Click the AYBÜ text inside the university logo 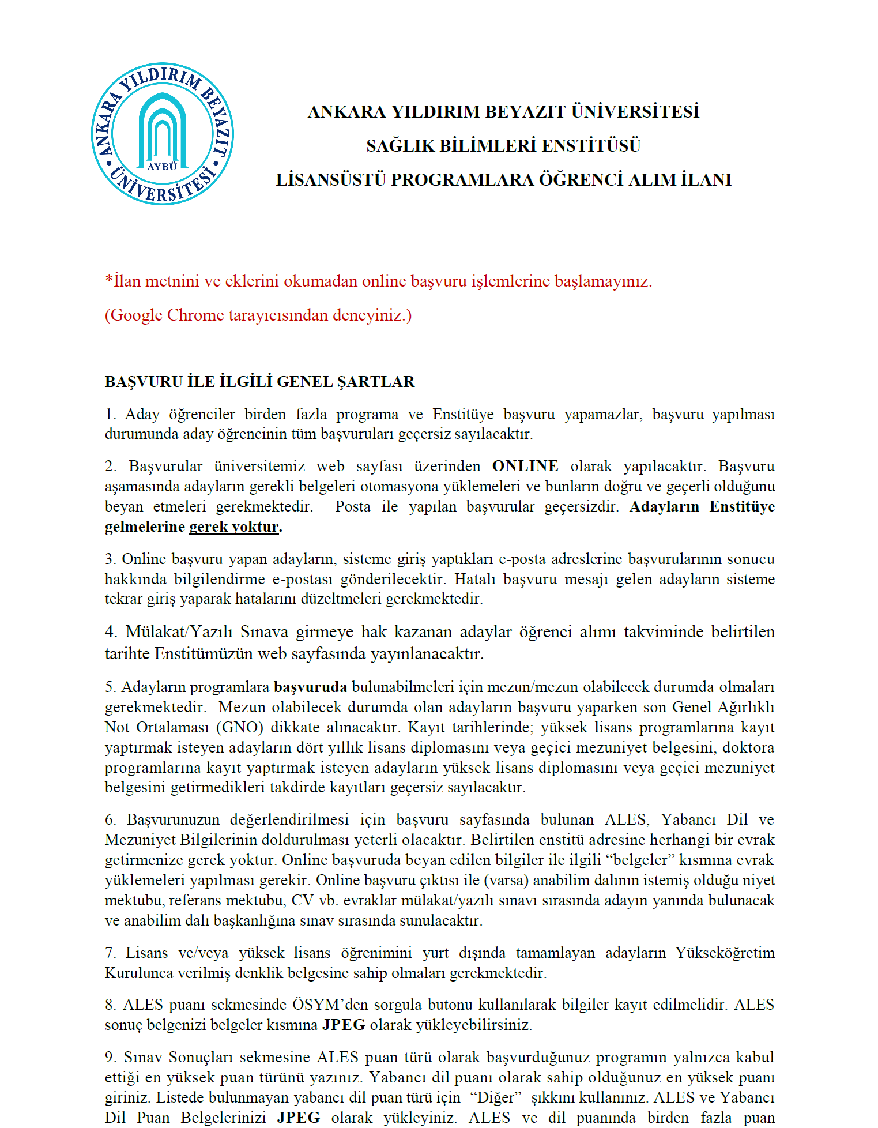162,167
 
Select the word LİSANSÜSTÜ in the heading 331,180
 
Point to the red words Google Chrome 167,315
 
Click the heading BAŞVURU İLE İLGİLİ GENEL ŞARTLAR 259,382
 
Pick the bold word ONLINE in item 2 525,466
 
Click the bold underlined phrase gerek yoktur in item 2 234,527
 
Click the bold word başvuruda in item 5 310,687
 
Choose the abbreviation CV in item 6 302,900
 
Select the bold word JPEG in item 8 344,1025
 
